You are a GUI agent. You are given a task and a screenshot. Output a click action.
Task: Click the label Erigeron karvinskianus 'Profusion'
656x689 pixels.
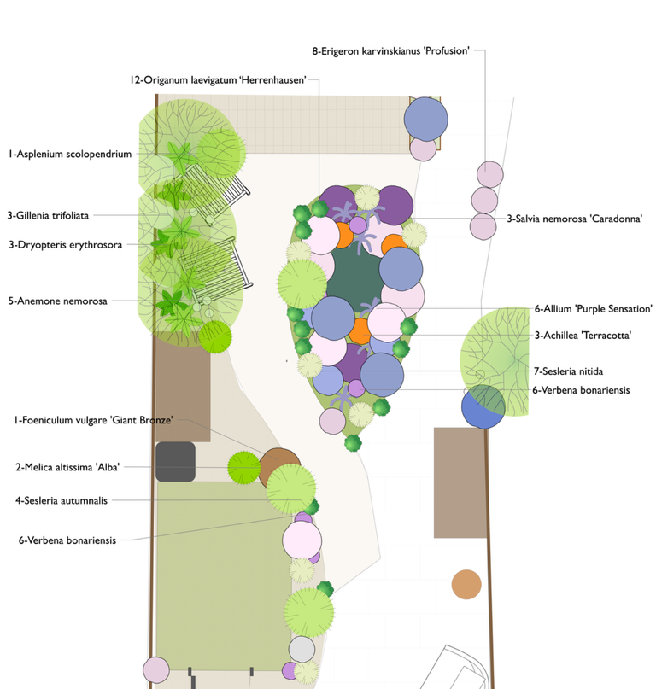coord(391,51)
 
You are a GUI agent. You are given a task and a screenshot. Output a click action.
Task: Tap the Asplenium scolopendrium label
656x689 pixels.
coord(70,155)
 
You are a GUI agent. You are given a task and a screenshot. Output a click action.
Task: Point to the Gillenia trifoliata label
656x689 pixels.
coord(48,215)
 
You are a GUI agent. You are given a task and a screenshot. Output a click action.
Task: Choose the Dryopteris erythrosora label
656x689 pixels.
coord(65,244)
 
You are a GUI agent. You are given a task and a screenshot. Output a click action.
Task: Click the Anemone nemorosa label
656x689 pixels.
coord(58,301)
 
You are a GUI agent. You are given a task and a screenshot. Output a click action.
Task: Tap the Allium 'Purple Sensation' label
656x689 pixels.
coord(594,308)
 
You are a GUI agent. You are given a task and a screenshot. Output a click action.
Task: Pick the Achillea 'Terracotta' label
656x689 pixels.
coord(583,336)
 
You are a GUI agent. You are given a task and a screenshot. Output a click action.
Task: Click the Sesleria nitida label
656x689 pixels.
coord(568,371)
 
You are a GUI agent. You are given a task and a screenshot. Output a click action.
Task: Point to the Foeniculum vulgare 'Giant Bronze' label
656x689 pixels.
coord(93,419)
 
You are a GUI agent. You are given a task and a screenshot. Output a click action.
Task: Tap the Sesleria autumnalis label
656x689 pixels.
coord(61,500)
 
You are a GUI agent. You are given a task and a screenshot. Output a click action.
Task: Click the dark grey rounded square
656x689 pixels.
coord(175,461)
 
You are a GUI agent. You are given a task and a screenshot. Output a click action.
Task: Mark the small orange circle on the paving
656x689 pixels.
coord(466,584)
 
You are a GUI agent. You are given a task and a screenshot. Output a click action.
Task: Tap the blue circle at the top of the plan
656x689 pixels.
coord(425,119)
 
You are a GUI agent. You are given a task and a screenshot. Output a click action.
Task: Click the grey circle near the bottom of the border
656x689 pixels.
coord(302,650)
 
